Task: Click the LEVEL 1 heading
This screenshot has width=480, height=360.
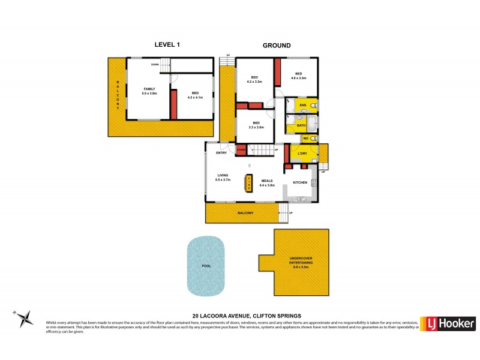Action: (x=167, y=45)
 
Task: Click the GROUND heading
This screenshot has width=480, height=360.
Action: (x=277, y=45)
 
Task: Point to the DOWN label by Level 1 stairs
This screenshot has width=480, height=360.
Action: (x=155, y=64)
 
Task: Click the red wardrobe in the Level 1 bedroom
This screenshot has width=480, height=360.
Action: (x=173, y=104)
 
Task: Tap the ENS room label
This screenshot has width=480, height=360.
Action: (x=303, y=106)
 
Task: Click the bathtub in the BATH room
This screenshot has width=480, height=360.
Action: (x=313, y=124)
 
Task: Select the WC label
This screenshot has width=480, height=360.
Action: (x=305, y=139)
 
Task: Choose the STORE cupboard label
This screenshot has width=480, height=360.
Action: (x=241, y=149)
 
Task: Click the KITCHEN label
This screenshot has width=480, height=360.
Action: (x=300, y=182)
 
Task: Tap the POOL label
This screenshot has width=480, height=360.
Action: (x=206, y=265)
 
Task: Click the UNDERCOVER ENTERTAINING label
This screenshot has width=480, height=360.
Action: (x=302, y=260)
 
